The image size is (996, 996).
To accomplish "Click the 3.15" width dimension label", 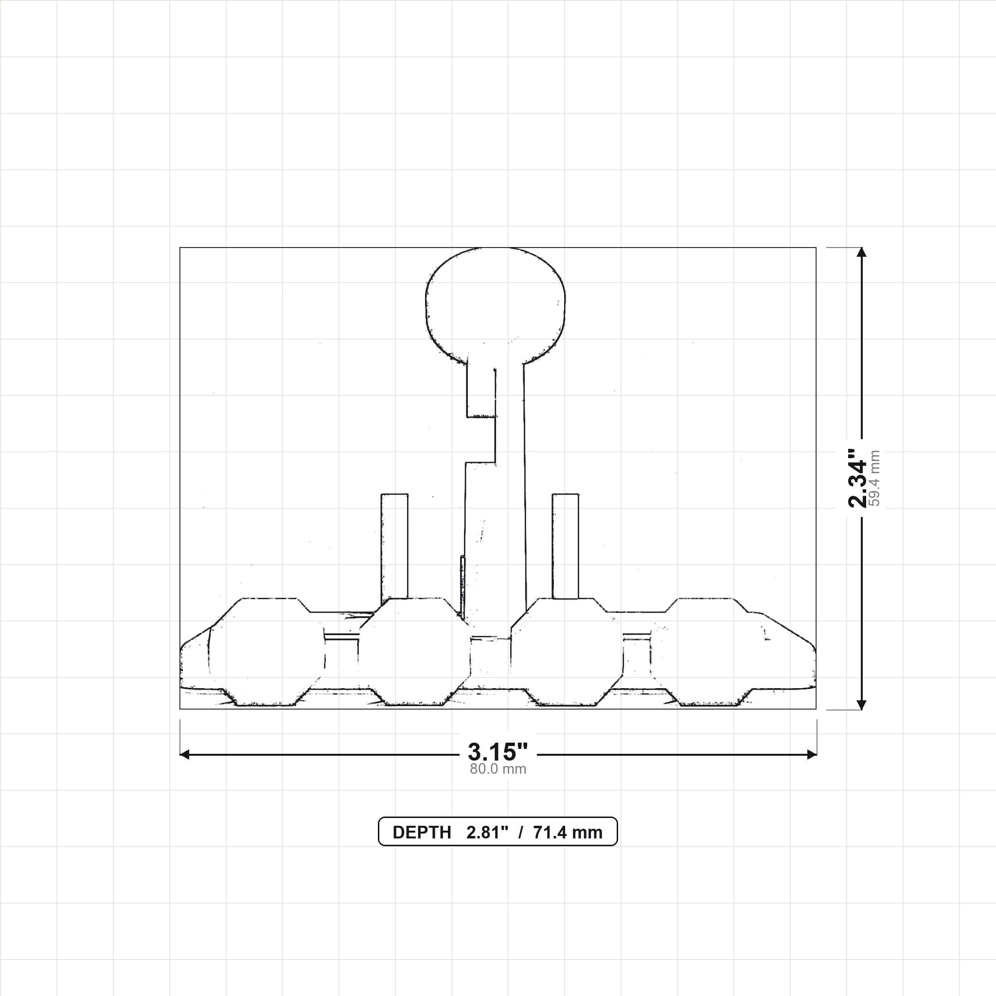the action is (498, 752).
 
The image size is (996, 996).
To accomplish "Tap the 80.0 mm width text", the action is (498, 769).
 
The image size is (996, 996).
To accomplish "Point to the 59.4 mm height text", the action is (875, 478).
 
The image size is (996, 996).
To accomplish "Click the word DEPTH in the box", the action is (422, 833).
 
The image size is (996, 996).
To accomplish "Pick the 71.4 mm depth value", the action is (568, 833).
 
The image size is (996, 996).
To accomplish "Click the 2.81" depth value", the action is (487, 833).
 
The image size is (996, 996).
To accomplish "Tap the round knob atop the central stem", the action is (495, 307).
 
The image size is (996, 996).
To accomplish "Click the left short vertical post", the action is (394, 549).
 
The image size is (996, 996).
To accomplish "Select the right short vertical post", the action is (565, 547).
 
